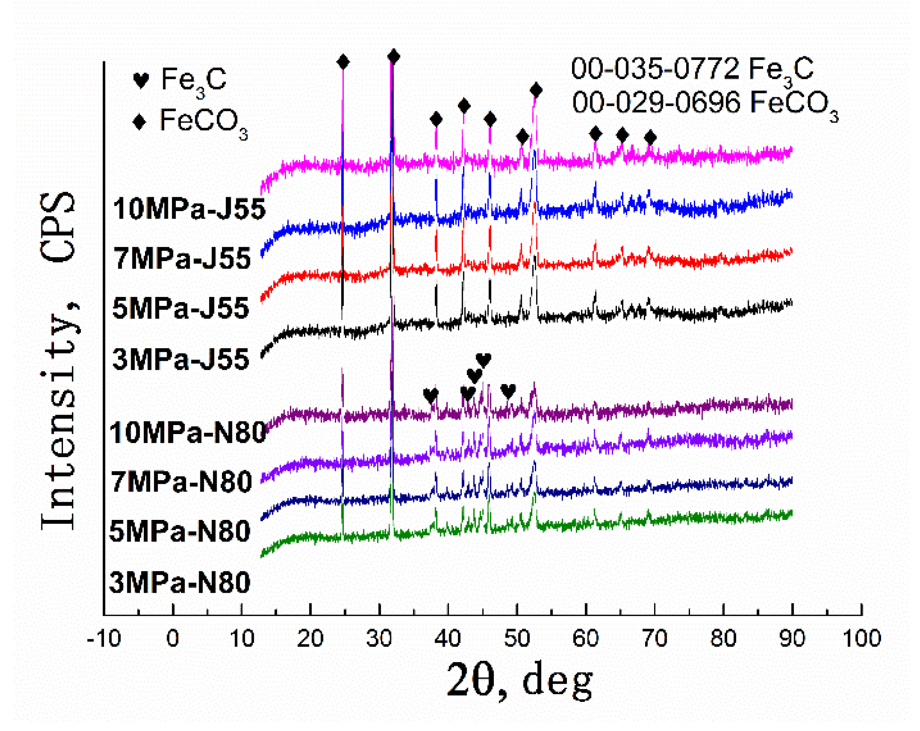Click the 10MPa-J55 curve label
(x=189, y=209)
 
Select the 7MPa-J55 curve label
(x=182, y=258)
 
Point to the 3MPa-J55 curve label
(x=181, y=359)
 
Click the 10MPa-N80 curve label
(x=188, y=432)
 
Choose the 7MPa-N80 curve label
(x=181, y=482)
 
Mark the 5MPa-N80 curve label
(x=180, y=532)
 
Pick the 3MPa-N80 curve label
(x=180, y=583)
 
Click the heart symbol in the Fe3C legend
(x=141, y=80)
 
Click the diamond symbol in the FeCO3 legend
(x=140, y=122)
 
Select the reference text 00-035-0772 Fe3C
(x=692, y=69)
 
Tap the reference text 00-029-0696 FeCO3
(x=705, y=104)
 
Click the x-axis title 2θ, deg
(x=519, y=680)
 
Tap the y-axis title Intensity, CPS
(x=58, y=361)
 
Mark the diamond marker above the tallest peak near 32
(x=394, y=56)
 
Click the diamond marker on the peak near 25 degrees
(x=343, y=62)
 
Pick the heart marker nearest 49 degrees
(x=508, y=390)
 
